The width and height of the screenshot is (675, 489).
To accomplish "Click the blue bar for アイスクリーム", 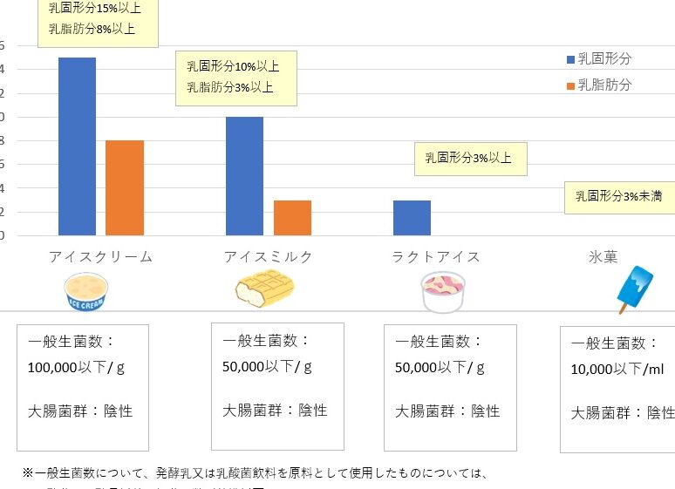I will coord(77,146).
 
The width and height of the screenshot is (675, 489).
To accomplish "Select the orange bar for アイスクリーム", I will coord(124,187).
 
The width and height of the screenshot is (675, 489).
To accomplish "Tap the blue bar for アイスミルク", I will coord(245,175).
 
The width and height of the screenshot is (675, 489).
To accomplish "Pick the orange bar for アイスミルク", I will coord(292,217).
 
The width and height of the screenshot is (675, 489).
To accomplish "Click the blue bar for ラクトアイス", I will coord(412,217).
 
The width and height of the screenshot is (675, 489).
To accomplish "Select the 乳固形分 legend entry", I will coord(599,58).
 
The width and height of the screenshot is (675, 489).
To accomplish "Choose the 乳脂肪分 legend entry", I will coord(599,85).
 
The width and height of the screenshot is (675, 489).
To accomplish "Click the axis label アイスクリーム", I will coord(100,256).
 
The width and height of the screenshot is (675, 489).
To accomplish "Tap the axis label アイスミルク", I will coord(268,256).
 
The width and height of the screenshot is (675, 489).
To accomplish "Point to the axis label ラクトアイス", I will coord(436,256).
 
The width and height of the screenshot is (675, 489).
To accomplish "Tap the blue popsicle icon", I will coord(634,289).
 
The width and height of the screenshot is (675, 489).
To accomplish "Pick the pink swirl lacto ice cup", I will coord(444,290).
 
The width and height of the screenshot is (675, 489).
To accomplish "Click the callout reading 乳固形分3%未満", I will coord(618,196).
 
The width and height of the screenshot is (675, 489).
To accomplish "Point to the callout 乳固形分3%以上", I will coord(471,159).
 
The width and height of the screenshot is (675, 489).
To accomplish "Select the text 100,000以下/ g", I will coord(77,367).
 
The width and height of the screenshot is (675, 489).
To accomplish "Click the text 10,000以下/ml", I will coord(617,370).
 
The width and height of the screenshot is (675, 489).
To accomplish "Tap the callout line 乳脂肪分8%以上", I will coord(92,28).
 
